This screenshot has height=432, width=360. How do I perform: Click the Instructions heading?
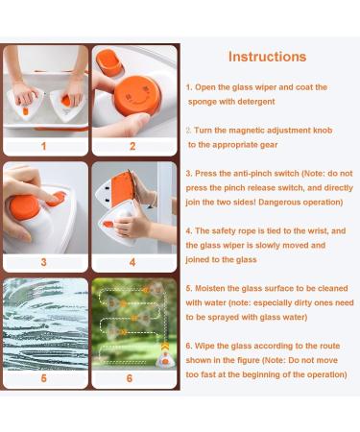[268, 57]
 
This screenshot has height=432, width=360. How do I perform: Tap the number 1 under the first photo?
[44, 146]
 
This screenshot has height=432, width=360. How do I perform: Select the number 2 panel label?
[132, 146]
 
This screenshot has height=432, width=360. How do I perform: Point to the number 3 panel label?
[44, 262]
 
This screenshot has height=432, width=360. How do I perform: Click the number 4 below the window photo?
[132, 262]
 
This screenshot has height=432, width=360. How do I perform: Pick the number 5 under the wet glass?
[44, 378]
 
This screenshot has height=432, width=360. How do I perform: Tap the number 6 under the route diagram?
[130, 378]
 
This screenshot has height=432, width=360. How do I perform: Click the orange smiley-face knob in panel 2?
[137, 95]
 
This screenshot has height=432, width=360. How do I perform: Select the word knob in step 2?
[323, 131]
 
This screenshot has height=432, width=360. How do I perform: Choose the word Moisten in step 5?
[210, 288]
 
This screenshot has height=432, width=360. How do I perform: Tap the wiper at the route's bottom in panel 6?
[165, 360]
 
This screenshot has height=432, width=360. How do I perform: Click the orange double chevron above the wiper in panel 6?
[165, 346]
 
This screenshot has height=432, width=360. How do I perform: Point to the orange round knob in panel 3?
[25, 206]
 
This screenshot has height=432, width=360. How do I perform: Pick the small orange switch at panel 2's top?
[109, 62]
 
